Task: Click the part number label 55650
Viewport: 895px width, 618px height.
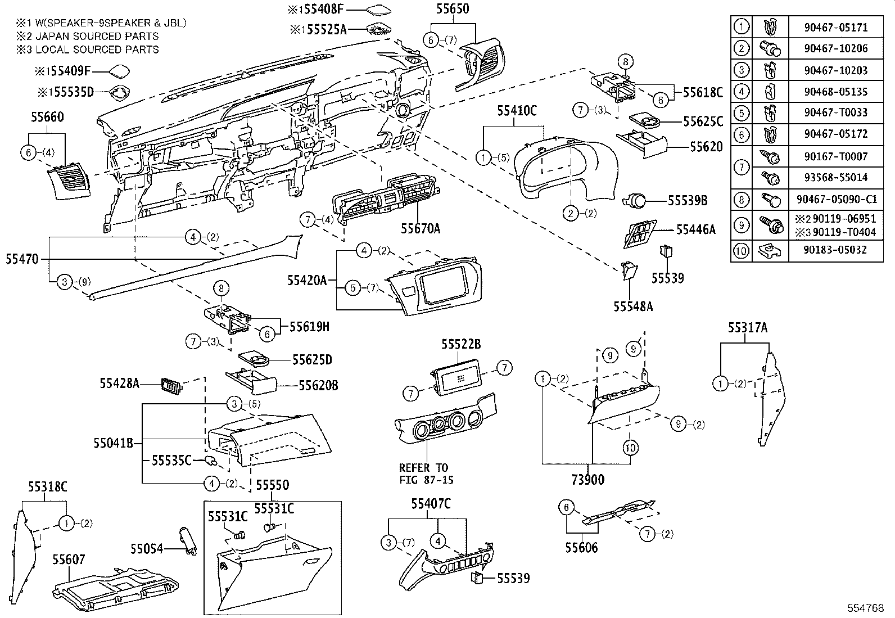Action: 453,10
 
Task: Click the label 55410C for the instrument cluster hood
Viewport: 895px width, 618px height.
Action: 517,111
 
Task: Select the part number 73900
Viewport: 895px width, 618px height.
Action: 587,479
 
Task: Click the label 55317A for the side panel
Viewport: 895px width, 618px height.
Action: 748,327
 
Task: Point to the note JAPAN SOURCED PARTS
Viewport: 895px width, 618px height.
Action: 87,36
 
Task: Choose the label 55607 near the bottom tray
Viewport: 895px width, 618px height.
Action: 69,559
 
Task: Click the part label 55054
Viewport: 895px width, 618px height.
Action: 147,548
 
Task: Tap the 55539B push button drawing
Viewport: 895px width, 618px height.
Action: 636,200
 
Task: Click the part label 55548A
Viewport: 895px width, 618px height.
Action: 633,306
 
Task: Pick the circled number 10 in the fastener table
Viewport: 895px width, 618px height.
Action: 742,250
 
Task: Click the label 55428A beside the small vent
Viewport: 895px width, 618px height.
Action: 120,383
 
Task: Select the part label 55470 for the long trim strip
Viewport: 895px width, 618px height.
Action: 22,259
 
